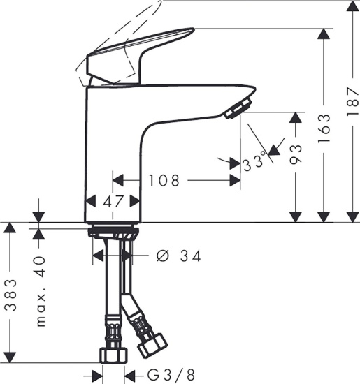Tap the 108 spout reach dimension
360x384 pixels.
(x=164, y=181)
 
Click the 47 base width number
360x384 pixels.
(x=113, y=201)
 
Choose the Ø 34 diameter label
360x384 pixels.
(x=179, y=256)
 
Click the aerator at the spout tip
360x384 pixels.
(x=238, y=108)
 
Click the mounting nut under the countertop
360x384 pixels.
(x=115, y=232)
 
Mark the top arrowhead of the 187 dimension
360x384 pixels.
(x=349, y=6)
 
